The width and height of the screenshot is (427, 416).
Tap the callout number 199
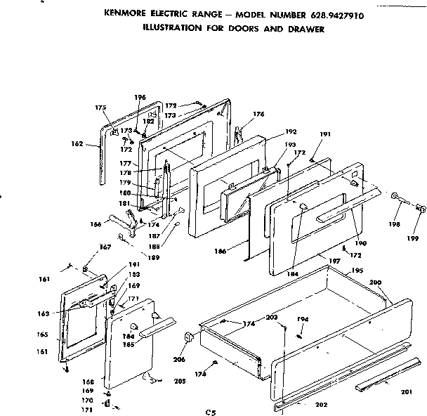tap(414, 238)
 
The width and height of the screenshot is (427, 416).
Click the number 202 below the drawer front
tap(321, 404)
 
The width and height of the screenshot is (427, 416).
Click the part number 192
tap(292, 131)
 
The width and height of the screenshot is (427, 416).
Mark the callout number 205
tap(180, 381)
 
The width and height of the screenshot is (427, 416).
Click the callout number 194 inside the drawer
tap(303, 319)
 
